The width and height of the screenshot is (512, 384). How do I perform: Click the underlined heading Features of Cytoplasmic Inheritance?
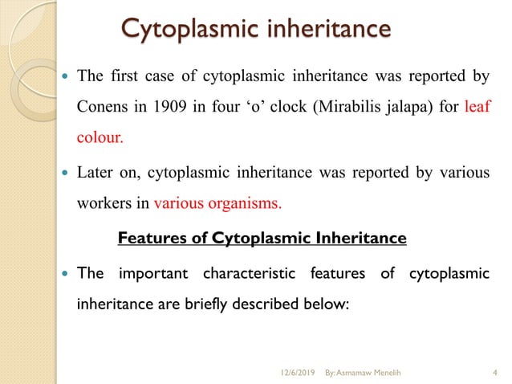pos(262,239)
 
